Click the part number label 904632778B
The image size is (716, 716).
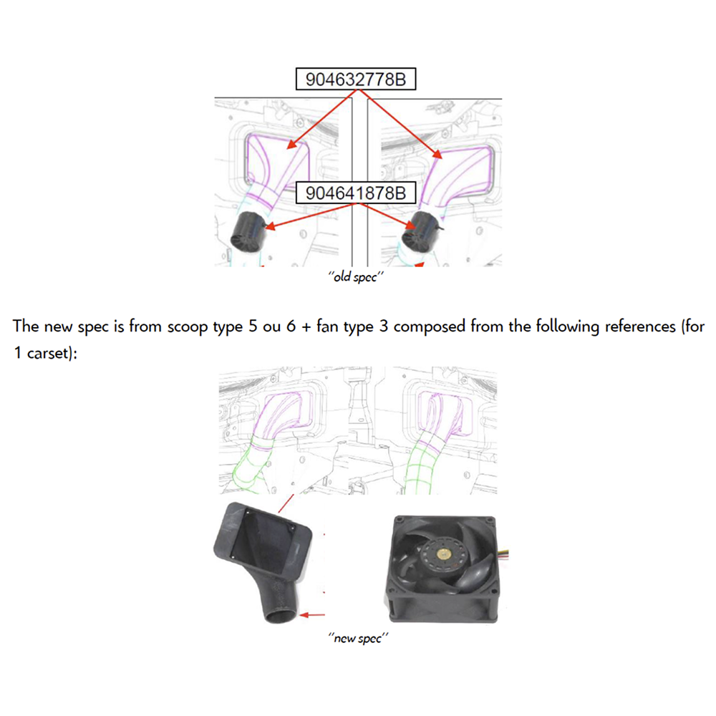(356, 79)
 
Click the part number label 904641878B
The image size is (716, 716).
(356, 193)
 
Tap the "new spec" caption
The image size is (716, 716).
(357, 637)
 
